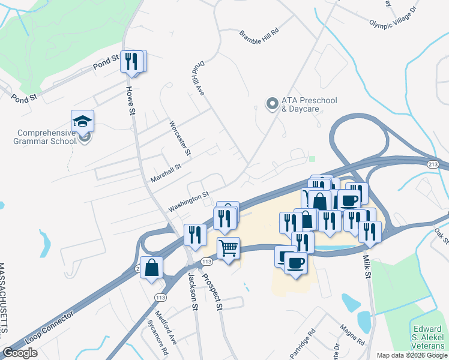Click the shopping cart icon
coord(228,247)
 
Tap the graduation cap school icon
coord(82,122)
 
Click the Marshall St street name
coord(166,173)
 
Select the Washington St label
coord(188,200)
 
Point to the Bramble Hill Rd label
coord(259,32)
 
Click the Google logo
coord(20,353)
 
